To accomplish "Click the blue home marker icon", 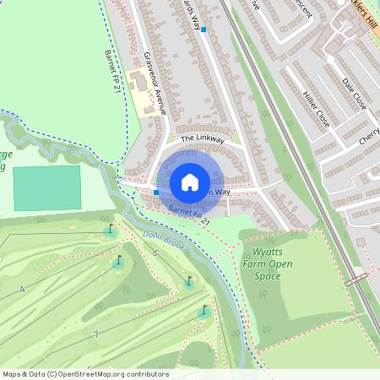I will [x=190, y=182].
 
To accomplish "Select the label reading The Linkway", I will [x=203, y=138].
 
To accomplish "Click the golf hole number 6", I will [x=155, y=253].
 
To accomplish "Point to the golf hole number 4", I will [x=22, y=290].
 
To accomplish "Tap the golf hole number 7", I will [x=96, y=334].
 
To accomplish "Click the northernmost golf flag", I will [x=109, y=230].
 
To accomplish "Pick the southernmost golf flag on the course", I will [x=204, y=312].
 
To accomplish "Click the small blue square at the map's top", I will [x=204, y=29].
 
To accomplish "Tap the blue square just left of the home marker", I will [x=156, y=193].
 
